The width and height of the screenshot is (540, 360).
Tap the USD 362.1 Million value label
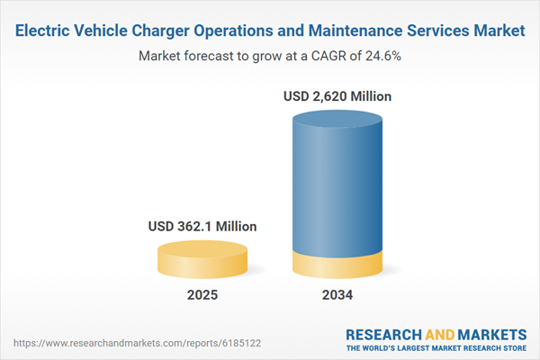pos(202,227)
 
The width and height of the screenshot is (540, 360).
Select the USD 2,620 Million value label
pos(338,95)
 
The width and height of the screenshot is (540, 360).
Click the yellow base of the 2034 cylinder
pos(338,266)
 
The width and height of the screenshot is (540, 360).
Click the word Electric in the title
pos(44,31)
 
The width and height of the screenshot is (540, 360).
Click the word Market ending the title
pos(499,31)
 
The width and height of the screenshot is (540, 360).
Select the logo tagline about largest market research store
pos(436,347)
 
